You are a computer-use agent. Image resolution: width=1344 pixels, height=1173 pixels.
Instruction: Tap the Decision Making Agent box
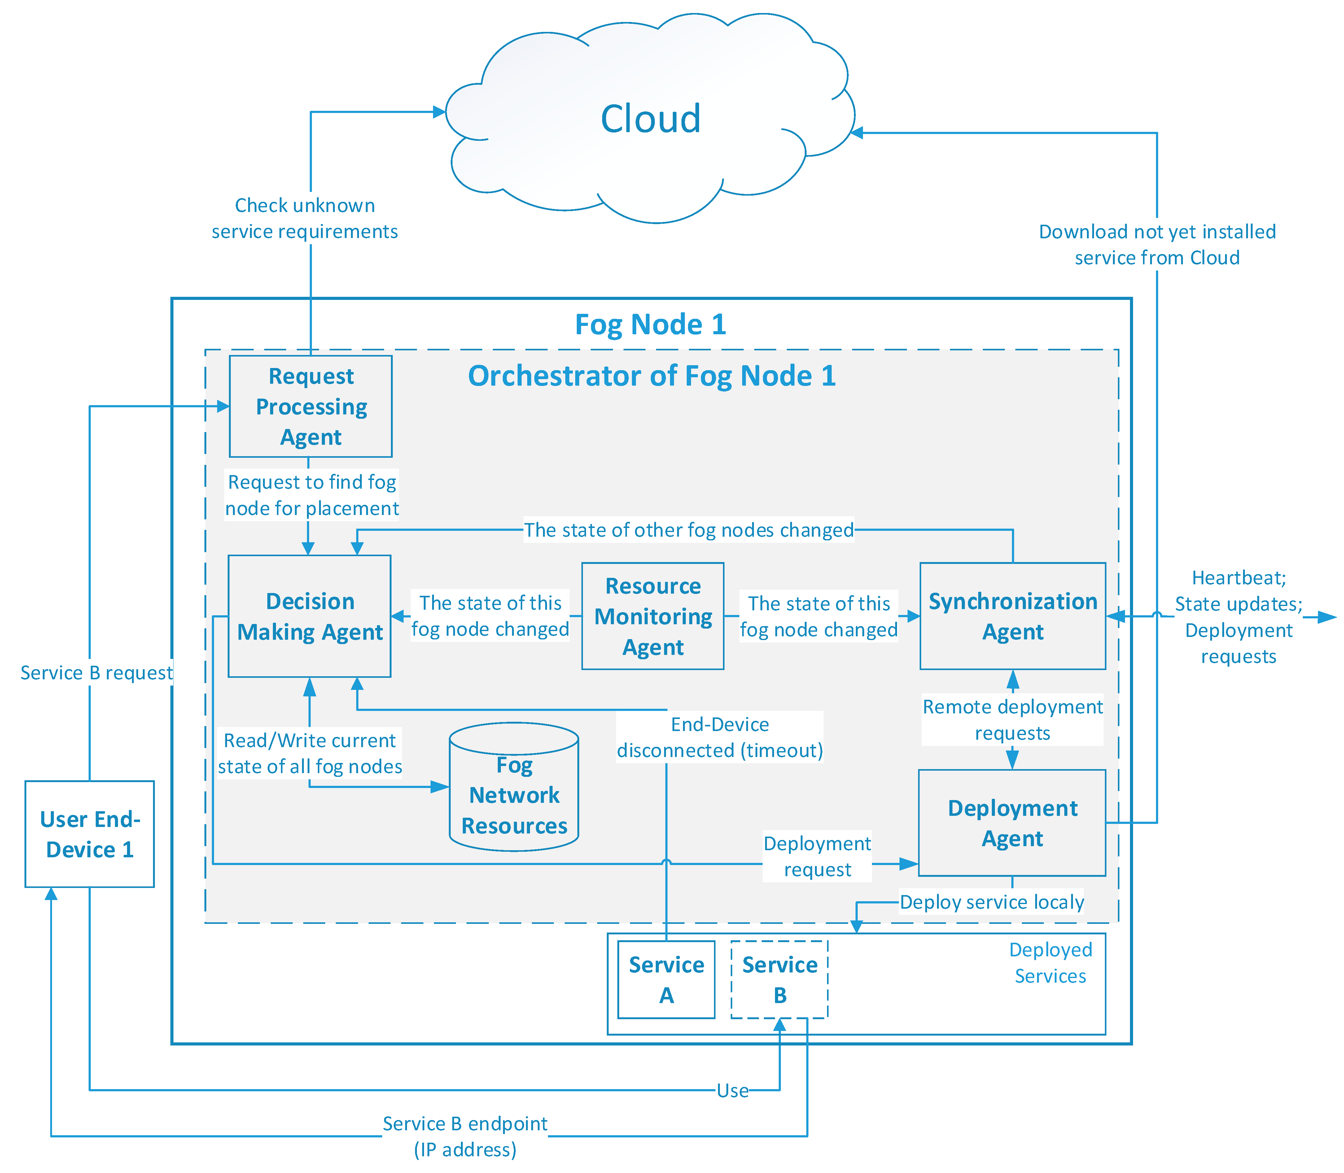click(310, 616)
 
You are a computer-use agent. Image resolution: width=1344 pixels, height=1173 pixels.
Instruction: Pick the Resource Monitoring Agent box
click(653, 616)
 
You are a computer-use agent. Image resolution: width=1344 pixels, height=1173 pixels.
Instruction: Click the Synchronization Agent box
click(1013, 616)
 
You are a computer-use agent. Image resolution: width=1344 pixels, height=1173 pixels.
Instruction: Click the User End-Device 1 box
click(90, 834)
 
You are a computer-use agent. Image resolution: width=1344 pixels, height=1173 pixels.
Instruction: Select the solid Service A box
click(666, 979)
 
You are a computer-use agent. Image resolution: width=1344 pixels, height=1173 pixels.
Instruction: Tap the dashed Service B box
click(779, 979)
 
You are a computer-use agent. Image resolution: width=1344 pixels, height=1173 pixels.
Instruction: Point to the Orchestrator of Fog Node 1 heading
click(652, 376)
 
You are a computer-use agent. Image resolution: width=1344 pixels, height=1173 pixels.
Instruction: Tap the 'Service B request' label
click(96, 673)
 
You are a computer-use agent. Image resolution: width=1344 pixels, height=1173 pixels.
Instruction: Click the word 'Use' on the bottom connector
click(732, 1091)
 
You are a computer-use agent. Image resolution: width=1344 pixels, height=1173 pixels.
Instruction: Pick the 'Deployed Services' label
click(1051, 963)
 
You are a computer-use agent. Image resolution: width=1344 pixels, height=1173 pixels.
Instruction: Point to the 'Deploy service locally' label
click(992, 902)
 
